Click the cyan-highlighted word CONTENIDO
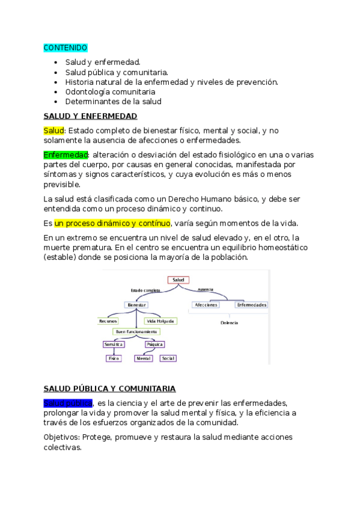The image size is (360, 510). click(66, 48)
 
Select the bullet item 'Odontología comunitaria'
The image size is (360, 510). click(110, 92)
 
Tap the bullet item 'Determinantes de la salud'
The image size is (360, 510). click(113, 102)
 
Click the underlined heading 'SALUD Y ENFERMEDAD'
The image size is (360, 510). click(90, 116)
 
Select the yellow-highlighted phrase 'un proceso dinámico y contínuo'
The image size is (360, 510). click(112, 223)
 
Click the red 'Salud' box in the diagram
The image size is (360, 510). click(178, 280)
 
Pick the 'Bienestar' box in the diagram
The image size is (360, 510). click(136, 305)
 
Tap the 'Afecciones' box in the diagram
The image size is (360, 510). click(206, 305)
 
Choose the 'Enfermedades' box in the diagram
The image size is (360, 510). click(252, 305)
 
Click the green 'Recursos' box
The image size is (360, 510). click(108, 321)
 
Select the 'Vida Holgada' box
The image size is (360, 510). click(160, 321)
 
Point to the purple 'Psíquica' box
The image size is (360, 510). click(154, 344)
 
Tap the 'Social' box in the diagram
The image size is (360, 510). click(168, 358)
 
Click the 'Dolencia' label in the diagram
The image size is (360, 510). click(229, 323)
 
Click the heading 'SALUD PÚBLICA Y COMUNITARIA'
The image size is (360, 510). click(109, 389)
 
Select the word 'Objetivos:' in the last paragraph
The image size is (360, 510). click(61, 437)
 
